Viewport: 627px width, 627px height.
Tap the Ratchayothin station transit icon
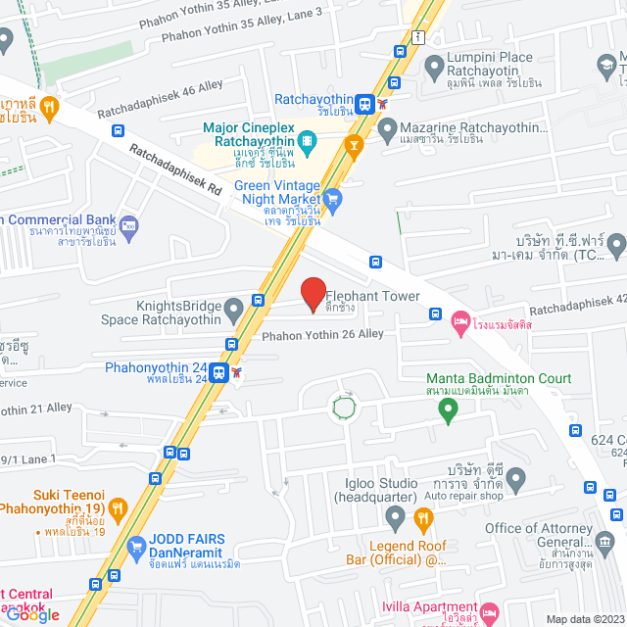[x=363, y=101]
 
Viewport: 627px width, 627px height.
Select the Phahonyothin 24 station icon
[x=219, y=372]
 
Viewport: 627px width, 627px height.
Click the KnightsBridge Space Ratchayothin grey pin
[x=233, y=312]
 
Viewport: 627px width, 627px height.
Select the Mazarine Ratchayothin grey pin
[x=388, y=127]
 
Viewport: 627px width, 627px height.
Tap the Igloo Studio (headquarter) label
[x=375, y=491]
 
